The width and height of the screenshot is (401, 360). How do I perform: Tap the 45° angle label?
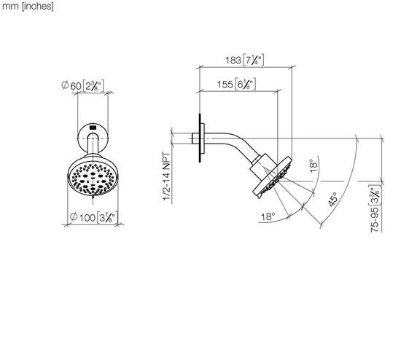332,200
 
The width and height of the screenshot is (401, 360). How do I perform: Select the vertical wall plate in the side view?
198,137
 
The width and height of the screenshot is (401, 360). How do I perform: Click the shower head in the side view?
270,177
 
